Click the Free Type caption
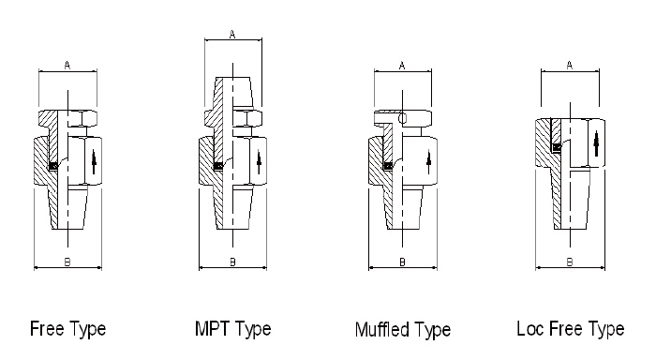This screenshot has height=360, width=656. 67,329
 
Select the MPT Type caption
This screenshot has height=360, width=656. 233,329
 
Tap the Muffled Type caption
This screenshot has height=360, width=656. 403,330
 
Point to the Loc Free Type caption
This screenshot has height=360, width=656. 571,329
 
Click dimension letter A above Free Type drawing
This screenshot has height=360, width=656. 67,66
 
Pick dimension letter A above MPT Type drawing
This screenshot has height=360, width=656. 232,35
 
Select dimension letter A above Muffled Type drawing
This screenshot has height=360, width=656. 402,66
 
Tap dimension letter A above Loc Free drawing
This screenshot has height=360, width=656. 570,66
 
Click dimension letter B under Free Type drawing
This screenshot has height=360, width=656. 67,262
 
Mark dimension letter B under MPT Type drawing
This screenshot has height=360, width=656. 232,262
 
